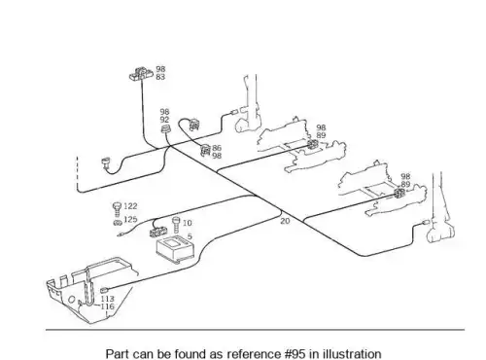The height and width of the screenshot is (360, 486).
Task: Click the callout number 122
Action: (x=130, y=206)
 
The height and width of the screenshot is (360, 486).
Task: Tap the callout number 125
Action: (x=130, y=219)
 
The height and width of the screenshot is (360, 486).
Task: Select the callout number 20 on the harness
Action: (x=285, y=221)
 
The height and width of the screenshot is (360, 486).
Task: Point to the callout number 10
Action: (x=188, y=223)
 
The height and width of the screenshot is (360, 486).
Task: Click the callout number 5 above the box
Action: (x=190, y=236)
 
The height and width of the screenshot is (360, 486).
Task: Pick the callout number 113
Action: (x=107, y=299)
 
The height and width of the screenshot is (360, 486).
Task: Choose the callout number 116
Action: (x=107, y=306)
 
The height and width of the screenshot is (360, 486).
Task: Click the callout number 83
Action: (x=160, y=77)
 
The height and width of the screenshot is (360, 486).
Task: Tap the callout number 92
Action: (x=164, y=120)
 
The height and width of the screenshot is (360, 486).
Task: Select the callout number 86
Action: (x=217, y=148)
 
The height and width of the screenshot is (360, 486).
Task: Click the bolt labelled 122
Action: (x=117, y=209)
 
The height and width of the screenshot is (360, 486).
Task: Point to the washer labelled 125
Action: (x=118, y=223)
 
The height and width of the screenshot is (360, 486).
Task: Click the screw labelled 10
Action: (x=176, y=225)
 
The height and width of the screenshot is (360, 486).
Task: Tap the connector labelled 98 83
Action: (x=141, y=74)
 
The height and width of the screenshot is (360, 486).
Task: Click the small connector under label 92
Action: (x=165, y=129)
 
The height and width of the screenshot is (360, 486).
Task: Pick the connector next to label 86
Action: (x=205, y=151)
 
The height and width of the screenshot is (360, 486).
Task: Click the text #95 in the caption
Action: (x=295, y=353)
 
